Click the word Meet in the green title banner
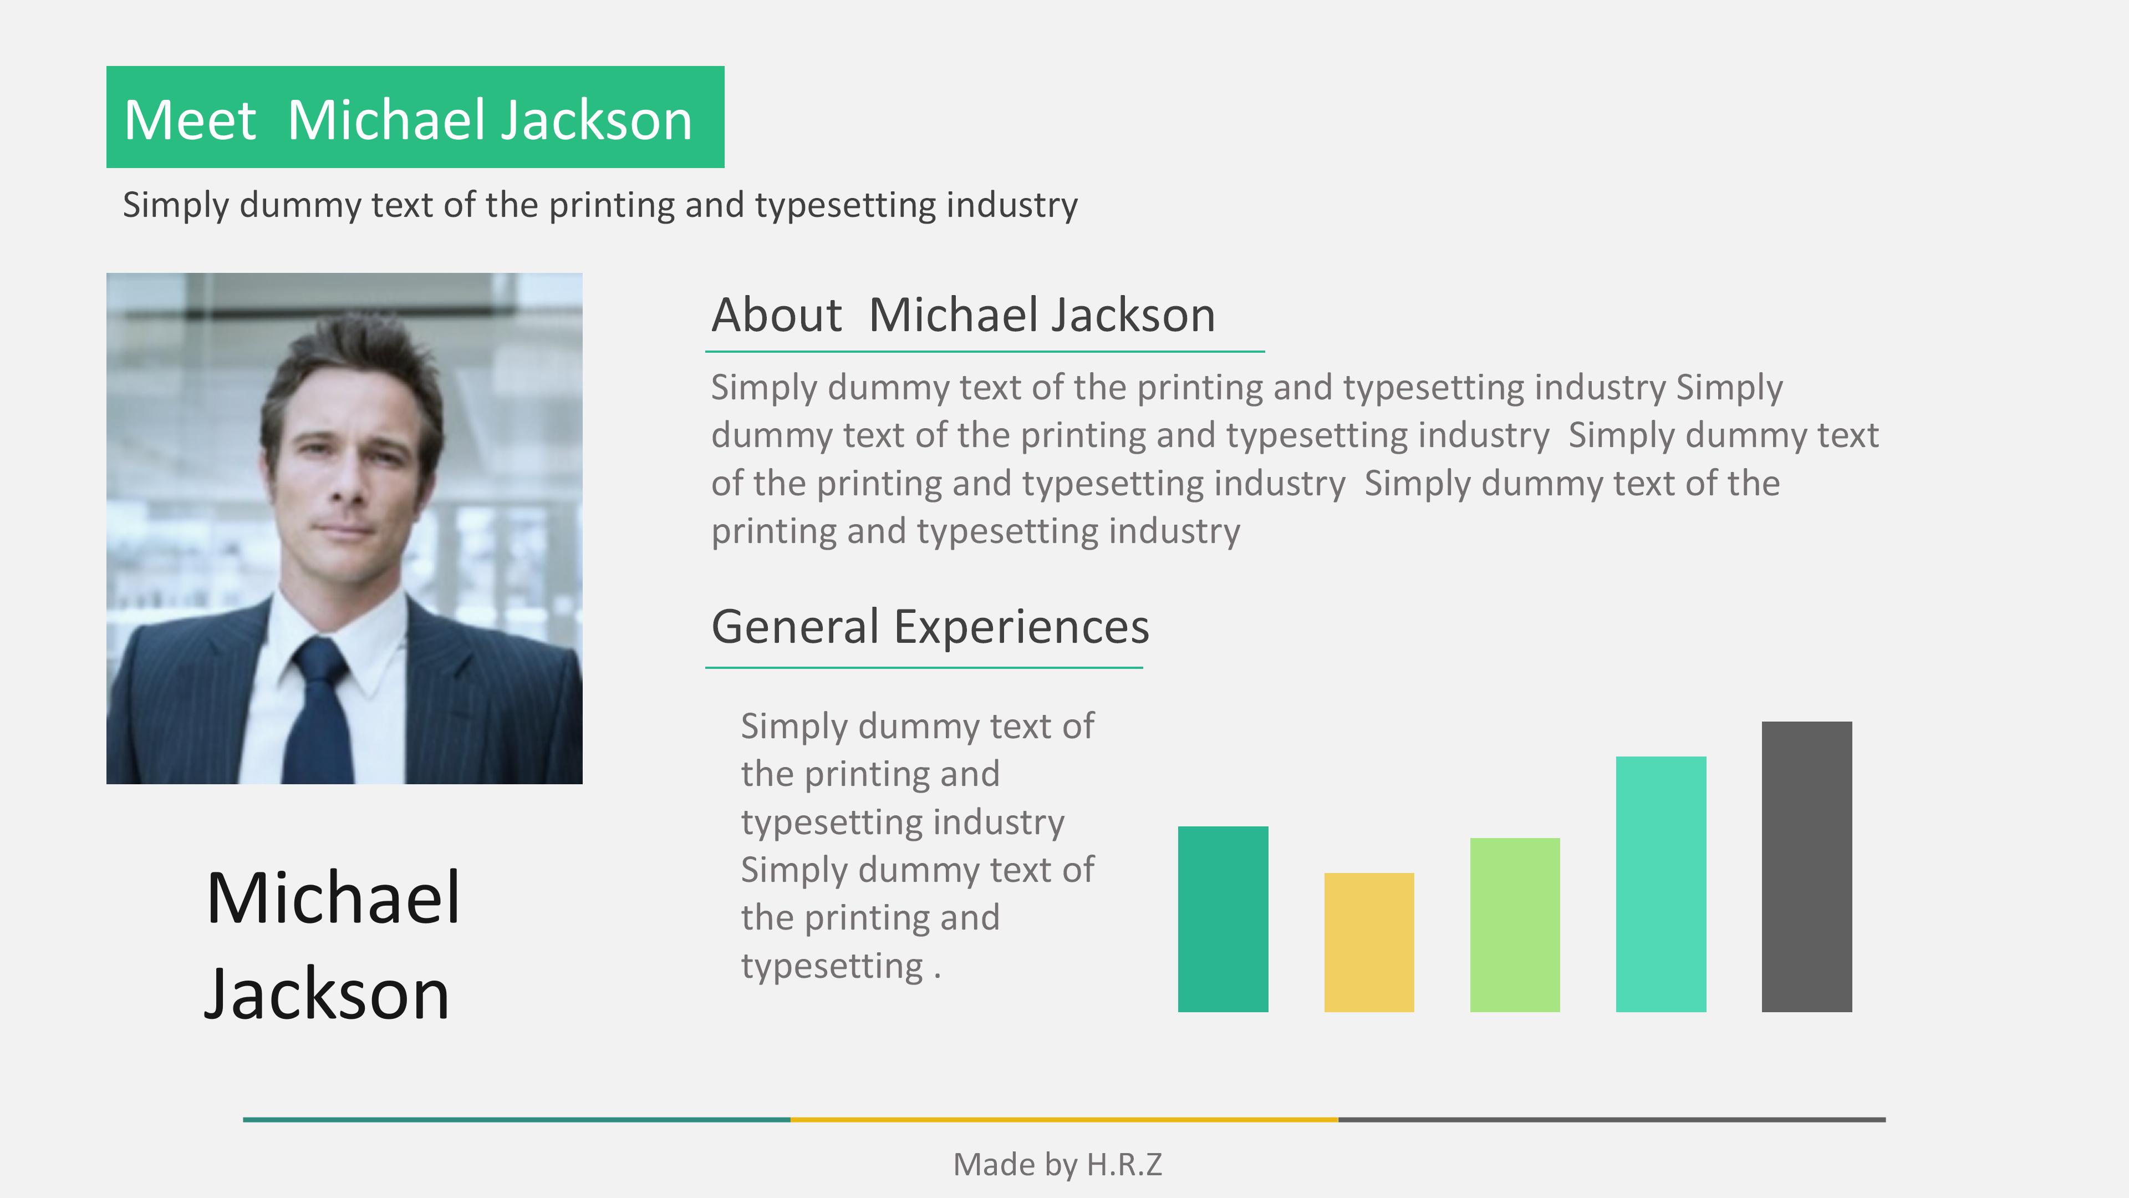pos(190,120)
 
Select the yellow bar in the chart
pos(1369,942)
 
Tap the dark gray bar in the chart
pos(1807,866)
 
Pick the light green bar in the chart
pos(1515,925)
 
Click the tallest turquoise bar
pos(1661,884)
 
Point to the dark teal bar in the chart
pos(1223,918)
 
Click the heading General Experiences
pos(930,627)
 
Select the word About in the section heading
pos(777,315)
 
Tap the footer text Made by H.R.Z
pos(1057,1164)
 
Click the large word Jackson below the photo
pos(327,994)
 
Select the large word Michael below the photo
pos(333,898)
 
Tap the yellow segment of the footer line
pos(1064,1119)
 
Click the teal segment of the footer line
pos(517,1119)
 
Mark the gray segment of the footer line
pos(1612,1119)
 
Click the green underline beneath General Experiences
pos(924,667)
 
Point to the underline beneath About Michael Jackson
pos(984,352)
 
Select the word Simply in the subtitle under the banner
pos(175,205)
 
